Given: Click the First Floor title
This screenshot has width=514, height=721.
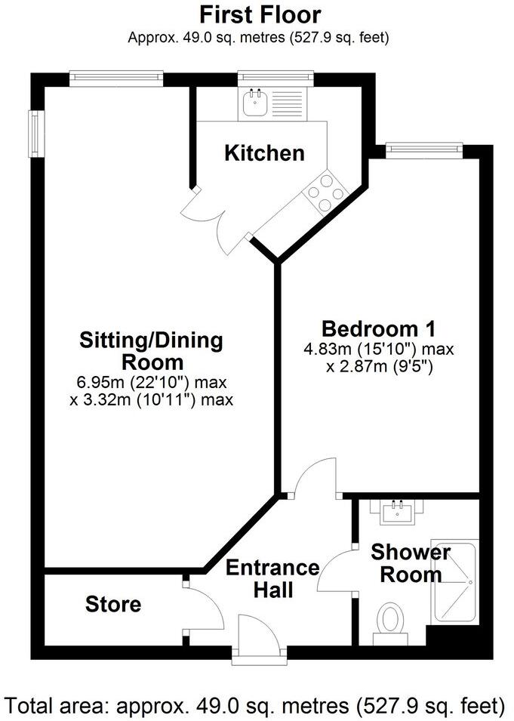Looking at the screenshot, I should [x=260, y=14].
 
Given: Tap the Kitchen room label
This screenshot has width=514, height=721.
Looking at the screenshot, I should [x=265, y=153].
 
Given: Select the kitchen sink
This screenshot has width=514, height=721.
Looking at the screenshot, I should [x=254, y=103].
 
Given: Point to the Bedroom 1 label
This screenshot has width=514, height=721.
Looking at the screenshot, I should [x=378, y=329].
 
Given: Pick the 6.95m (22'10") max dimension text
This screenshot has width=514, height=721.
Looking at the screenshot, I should [x=152, y=383].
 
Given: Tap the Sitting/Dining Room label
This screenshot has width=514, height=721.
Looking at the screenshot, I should [x=152, y=350].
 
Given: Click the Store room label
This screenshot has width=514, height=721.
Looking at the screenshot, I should [x=112, y=604].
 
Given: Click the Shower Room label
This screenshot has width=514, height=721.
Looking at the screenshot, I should [x=410, y=563].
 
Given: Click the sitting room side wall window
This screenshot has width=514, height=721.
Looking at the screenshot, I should [x=35, y=134].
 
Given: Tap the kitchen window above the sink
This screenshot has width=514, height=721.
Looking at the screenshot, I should [x=275, y=77].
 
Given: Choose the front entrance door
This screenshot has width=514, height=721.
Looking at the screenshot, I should [x=258, y=638].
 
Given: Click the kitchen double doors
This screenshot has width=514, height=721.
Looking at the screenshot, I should [x=220, y=219].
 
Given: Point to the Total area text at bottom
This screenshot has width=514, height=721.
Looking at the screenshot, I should [x=257, y=706].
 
